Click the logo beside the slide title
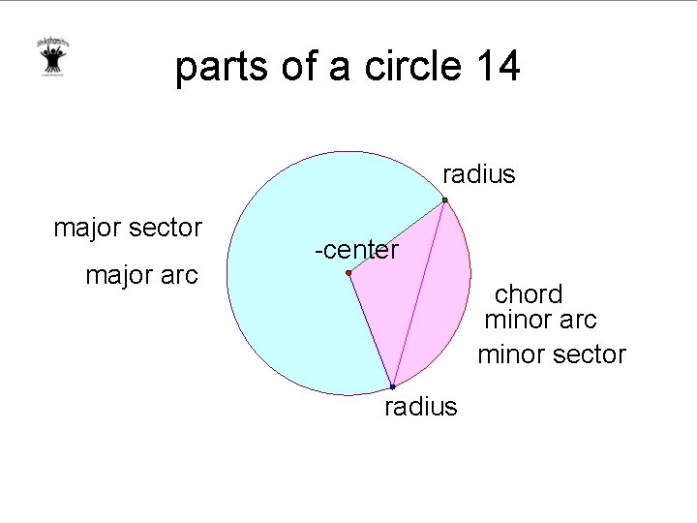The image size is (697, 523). click(51, 60)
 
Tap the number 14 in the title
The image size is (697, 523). click(498, 67)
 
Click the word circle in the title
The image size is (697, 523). click(413, 67)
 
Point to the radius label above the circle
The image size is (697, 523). click(479, 174)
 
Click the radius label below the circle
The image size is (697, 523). click(420, 407)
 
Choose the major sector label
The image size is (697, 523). click(128, 229)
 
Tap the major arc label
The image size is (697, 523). click(141, 275)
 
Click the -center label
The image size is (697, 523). click(356, 250)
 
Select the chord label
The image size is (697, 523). click(529, 294)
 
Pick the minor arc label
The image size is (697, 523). click(540, 319)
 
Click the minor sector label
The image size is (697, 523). click(552, 354)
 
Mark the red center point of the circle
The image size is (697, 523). click(348, 274)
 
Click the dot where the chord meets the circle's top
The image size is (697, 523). click(444, 200)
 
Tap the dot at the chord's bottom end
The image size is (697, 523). click(392, 386)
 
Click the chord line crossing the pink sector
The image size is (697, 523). click(418, 293)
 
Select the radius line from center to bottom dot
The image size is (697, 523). click(370, 329)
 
